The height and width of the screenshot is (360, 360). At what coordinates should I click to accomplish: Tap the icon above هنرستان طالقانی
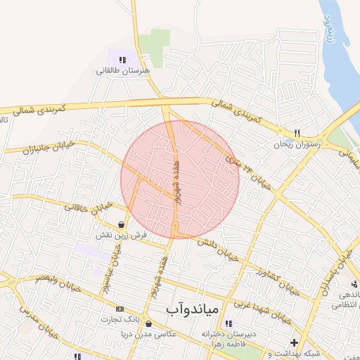coord(123,60)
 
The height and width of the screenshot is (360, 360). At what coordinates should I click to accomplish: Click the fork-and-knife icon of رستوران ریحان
coord(297,133)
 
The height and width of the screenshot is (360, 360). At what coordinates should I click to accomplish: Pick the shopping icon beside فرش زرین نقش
coord(122,225)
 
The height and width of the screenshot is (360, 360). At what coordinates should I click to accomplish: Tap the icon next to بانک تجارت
coord(120,309)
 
